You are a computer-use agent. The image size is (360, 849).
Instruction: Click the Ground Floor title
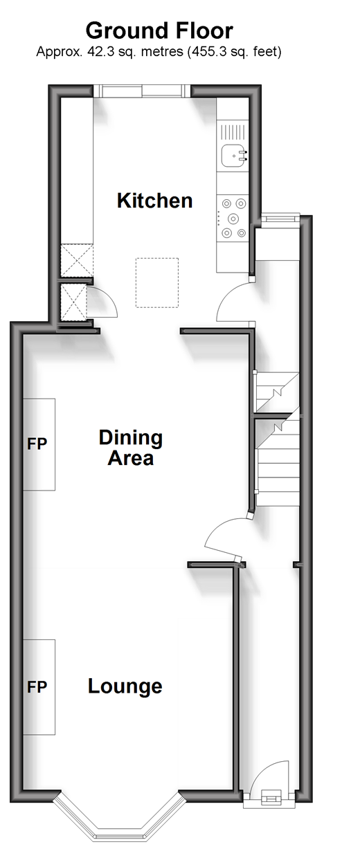point(159,31)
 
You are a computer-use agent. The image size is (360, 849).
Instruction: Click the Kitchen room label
point(155,201)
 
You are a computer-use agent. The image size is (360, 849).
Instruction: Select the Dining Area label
point(131,448)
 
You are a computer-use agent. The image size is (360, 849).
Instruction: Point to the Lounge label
point(125,686)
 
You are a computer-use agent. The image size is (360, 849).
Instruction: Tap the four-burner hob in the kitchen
point(233,219)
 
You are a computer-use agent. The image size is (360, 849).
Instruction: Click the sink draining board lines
point(233,132)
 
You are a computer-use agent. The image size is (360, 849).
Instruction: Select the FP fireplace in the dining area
point(39,444)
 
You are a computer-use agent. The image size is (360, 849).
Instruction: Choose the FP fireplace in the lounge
point(39,687)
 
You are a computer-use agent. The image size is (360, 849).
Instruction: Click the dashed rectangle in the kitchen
point(157,283)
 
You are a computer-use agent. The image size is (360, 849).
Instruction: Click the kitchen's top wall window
point(142,91)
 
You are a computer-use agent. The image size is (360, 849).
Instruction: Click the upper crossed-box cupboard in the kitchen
point(77,260)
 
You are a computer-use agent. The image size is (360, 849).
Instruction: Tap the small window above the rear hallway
point(280,218)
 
